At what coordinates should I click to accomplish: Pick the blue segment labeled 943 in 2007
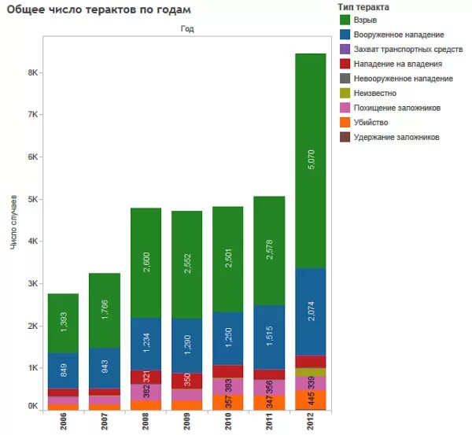coord(104,368)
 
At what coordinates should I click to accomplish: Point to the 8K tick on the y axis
coord(33,72)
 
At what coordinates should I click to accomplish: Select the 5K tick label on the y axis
coord(33,200)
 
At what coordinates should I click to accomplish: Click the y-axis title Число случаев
coord(13,224)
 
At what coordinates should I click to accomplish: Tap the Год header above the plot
coord(186,28)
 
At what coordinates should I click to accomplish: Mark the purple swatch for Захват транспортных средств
coord(345,50)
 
